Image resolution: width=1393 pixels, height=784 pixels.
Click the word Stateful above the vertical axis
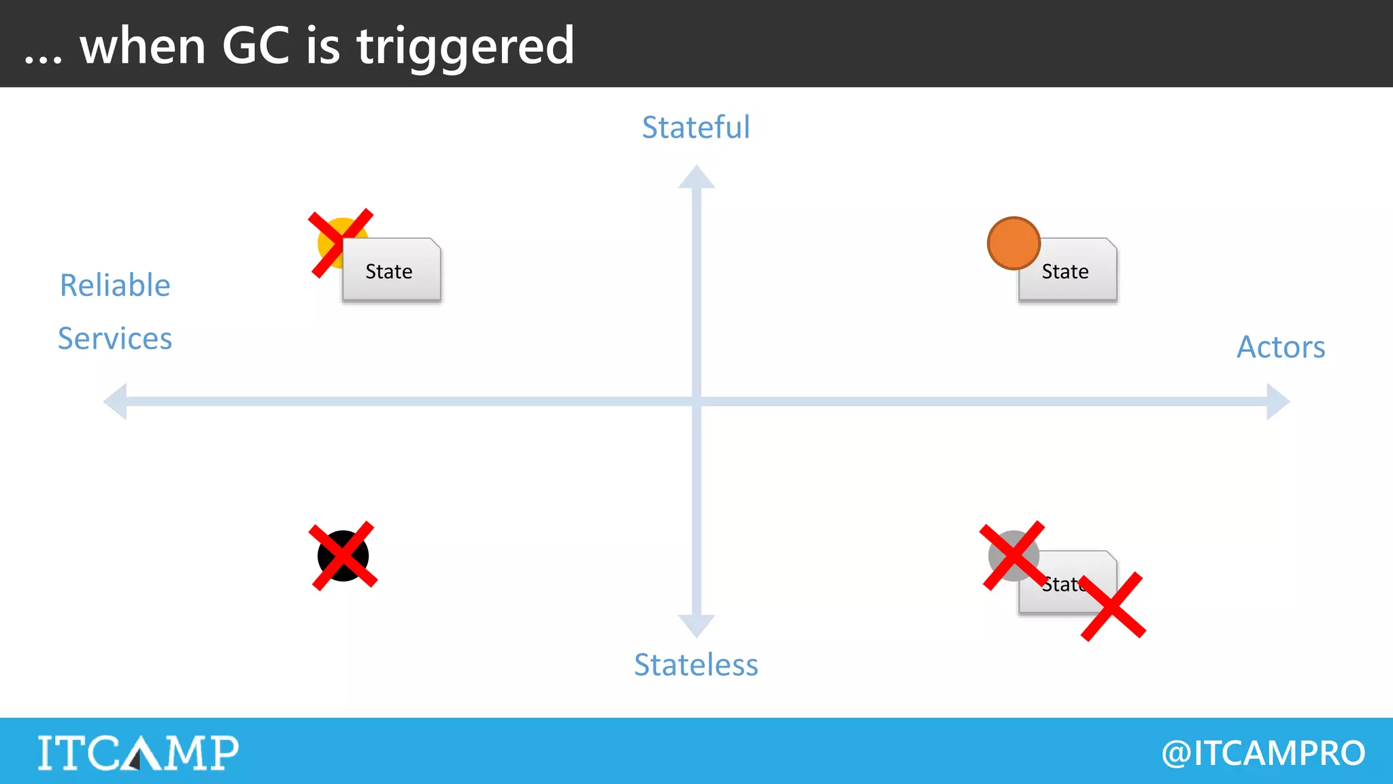[696, 127]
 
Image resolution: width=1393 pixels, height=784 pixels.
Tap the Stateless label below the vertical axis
[696, 665]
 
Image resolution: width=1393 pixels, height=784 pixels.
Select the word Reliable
[115, 285]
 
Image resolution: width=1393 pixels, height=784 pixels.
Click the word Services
[115, 338]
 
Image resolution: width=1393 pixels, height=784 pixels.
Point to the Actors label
[1281, 347]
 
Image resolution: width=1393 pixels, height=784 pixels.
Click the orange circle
[1013, 243]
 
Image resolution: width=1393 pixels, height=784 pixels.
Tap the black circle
[343, 556]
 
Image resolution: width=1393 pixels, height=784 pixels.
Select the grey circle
[1013, 555]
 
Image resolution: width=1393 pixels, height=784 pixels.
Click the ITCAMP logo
[138, 753]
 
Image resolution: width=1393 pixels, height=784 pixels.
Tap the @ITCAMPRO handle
[1263, 753]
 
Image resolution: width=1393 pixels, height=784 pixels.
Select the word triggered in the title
[466, 46]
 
